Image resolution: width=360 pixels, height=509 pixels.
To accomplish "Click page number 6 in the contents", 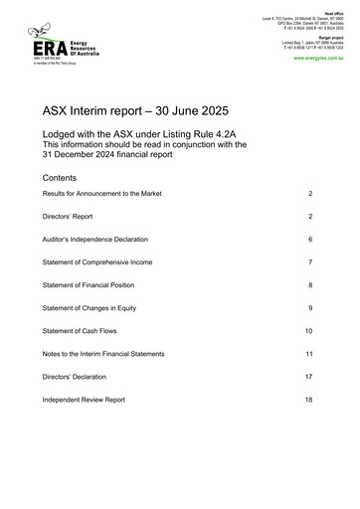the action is click(x=310, y=240).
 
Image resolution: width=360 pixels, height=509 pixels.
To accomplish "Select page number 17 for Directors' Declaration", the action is click(x=308, y=377).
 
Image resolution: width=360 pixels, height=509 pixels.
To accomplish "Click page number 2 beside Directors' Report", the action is click(x=310, y=216).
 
